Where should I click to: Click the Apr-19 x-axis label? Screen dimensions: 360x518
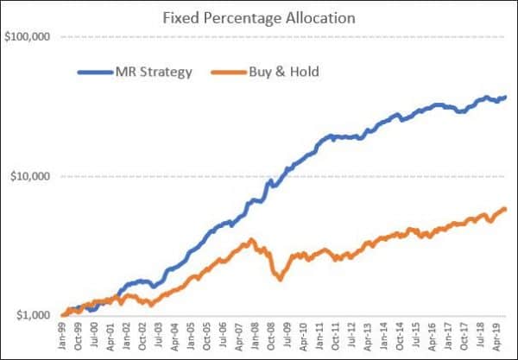pyautogui.click(x=499, y=338)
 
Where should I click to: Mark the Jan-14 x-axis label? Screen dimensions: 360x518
pyautogui.click(x=386, y=338)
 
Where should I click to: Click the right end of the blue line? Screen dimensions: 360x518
pyautogui.click(x=505, y=97)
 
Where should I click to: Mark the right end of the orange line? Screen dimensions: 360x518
pyautogui.click(x=505, y=208)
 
